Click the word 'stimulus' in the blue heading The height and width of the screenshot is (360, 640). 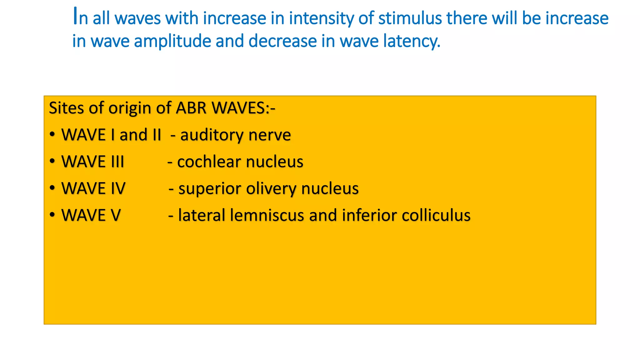click(410, 18)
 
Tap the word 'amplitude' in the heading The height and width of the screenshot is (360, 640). click(173, 41)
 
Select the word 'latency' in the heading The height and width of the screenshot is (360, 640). click(412, 41)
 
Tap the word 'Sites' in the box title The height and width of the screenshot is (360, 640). click(67, 108)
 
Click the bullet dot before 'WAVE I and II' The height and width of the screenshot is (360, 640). click(52, 134)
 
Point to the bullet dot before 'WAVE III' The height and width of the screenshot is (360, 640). click(52, 161)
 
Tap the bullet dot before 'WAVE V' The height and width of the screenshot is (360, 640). click(52, 215)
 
